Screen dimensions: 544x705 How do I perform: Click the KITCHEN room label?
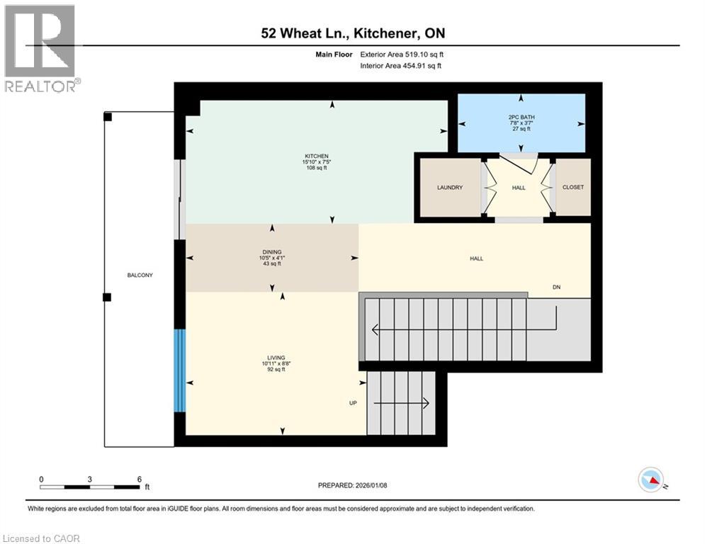click(317, 157)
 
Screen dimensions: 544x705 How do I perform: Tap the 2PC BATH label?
click(520, 117)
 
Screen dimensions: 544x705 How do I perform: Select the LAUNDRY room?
click(449, 188)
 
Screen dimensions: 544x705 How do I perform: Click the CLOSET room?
click(573, 188)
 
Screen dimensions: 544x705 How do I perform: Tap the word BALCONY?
click(140, 275)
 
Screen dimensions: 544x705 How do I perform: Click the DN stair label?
click(558, 287)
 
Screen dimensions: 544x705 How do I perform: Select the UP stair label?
click(352, 403)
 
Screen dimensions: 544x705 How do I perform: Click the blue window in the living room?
click(180, 370)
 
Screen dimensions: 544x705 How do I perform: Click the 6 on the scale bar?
click(139, 479)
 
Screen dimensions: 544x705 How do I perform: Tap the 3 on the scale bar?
click(90, 479)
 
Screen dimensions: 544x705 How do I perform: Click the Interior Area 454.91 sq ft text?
click(401, 66)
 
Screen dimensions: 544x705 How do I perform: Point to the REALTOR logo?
click(40, 48)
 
